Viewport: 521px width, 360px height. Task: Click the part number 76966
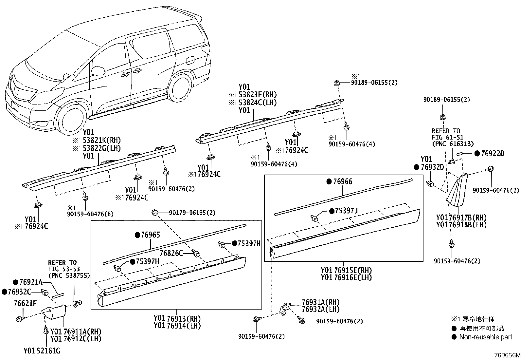(343, 182)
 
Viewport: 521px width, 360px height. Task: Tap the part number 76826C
(171, 253)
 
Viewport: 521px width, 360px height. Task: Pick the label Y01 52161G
(42, 351)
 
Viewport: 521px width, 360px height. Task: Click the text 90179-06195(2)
(192, 213)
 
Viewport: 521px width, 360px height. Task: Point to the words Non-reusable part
(486, 337)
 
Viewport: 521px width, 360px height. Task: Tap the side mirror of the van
(98, 70)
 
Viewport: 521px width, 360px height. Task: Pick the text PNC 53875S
(69, 275)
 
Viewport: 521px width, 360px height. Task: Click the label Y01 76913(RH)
(177, 319)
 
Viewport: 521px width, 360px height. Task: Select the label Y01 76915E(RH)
(346, 270)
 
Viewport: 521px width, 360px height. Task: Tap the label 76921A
(31, 282)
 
